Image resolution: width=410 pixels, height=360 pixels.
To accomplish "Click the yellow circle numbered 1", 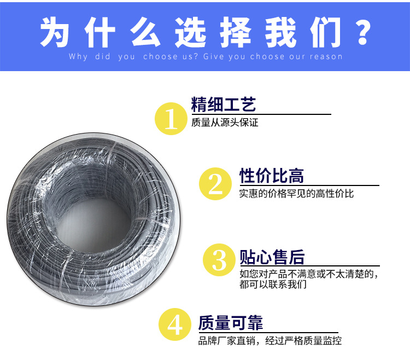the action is (171, 119).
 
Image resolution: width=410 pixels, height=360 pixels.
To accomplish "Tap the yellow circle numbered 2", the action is (215, 184).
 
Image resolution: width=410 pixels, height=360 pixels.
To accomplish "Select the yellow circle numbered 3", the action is (219, 260).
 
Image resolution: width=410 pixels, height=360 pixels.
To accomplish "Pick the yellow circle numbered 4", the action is (175, 324).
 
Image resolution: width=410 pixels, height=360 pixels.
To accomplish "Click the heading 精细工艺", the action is (224, 104).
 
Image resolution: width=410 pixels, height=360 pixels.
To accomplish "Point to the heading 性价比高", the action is (271, 176).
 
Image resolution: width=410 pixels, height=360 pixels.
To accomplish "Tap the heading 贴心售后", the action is (272, 257).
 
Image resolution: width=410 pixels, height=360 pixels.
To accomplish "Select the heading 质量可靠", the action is (230, 323).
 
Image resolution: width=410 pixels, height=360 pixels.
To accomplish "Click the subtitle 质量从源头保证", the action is (225, 123).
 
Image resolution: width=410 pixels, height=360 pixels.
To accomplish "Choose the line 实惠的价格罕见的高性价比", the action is (296, 194).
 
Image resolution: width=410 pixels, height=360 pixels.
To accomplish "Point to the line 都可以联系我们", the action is (273, 284).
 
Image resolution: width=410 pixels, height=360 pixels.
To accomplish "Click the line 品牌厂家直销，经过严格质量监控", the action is (270, 341).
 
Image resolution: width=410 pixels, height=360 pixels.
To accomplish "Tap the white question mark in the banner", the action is (363, 32).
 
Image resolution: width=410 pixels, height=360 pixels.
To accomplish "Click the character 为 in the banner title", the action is (55, 32).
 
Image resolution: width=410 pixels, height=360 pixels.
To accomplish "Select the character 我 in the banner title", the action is (280, 32).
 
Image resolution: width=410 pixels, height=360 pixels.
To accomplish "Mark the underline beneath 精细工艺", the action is (261, 114).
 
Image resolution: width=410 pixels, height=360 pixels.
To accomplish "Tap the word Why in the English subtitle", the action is (78, 57).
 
